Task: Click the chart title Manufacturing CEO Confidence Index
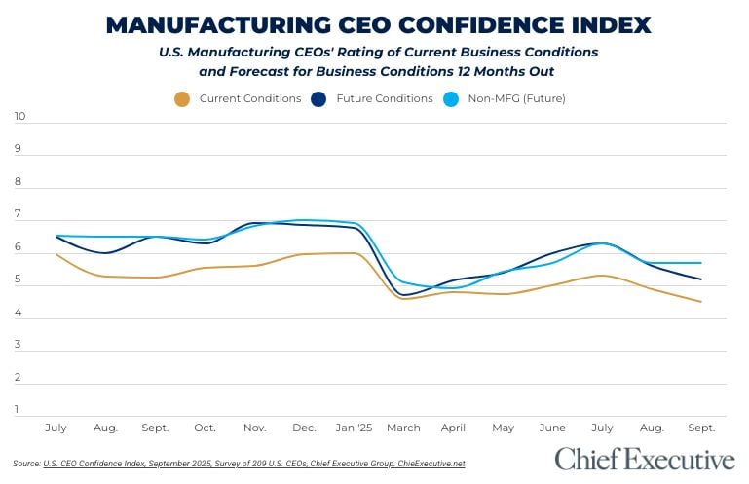(378, 24)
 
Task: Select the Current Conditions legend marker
(181, 98)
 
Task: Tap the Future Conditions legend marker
(318, 98)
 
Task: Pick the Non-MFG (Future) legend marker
(451, 98)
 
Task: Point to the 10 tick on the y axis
(19, 117)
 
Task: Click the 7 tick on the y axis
(19, 214)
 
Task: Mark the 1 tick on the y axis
(19, 409)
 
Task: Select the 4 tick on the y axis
(19, 312)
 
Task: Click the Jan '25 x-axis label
(355, 428)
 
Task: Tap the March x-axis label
(403, 428)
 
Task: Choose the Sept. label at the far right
(701, 428)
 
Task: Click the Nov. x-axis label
(254, 428)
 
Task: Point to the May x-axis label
(504, 428)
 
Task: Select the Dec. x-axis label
(304, 428)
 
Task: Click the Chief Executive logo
(645, 459)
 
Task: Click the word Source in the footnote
(26, 464)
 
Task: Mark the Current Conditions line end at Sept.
(701, 302)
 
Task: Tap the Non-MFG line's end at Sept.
(701, 263)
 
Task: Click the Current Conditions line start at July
(56, 254)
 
